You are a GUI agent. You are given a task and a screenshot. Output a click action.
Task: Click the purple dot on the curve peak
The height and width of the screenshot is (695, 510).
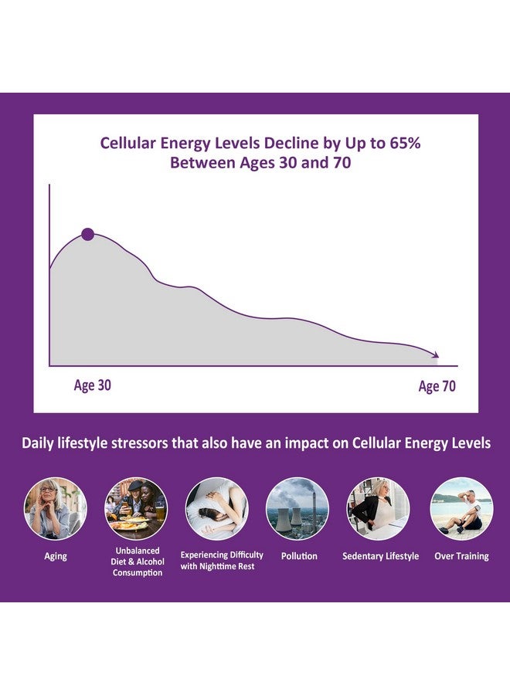[x=87, y=234]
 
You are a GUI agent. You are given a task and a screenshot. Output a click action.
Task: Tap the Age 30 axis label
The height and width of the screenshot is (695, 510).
[x=92, y=385]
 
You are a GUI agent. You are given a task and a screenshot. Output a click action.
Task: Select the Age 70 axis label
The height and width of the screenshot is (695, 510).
[x=437, y=386]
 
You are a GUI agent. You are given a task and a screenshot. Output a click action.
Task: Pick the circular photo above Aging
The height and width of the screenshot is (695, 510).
[x=56, y=508]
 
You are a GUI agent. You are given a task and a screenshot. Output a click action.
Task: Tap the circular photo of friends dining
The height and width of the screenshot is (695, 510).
[x=136, y=508]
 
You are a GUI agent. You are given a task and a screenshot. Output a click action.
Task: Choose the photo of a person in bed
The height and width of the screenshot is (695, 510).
[x=216, y=508]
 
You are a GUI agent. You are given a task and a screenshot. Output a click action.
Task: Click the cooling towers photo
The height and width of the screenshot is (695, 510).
[x=297, y=508]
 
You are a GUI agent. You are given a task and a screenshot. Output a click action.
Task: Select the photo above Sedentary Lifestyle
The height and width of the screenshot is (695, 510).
[x=378, y=508]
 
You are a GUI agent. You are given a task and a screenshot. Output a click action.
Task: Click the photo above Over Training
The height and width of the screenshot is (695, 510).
[x=461, y=508]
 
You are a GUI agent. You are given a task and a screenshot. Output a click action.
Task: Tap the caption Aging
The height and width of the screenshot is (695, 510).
[x=56, y=556]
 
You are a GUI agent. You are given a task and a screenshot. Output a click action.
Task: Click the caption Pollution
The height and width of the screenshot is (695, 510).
[x=299, y=556]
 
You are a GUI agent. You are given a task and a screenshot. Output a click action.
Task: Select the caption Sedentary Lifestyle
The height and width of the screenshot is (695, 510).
[x=380, y=556]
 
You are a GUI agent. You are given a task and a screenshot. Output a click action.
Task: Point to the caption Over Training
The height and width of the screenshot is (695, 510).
[x=461, y=556]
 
